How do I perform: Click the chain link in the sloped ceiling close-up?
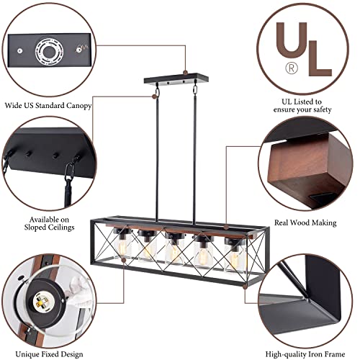click(x=71, y=174)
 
